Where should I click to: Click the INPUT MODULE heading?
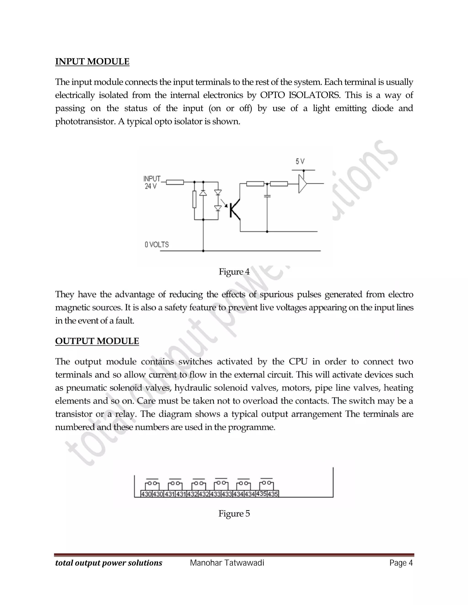click(92, 61)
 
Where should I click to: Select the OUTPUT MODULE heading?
click(97, 341)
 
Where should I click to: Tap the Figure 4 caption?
click(234, 272)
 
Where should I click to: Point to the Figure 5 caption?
click(234, 514)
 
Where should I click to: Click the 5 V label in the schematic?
click(300, 161)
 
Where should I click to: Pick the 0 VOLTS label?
click(157, 245)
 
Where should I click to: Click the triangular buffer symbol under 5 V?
click(302, 183)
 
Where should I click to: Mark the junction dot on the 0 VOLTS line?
click(203, 251)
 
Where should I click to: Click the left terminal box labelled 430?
click(146, 494)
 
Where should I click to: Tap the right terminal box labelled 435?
click(273, 494)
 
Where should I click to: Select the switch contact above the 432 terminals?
click(199, 483)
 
